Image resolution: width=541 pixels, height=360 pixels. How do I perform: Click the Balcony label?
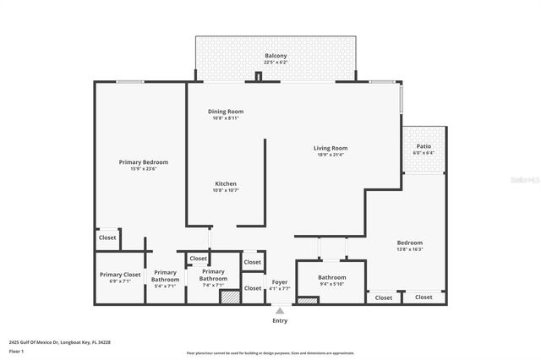270,56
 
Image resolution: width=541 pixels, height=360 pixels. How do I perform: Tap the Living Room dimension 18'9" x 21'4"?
331,155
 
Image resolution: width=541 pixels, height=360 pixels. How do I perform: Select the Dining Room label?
226,112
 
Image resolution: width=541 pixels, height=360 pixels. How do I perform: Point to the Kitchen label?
225,183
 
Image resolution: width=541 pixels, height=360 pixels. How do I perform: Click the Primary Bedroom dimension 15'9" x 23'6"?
143,169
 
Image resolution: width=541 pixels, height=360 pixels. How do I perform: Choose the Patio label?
423,145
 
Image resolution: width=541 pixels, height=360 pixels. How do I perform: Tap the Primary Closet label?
120,275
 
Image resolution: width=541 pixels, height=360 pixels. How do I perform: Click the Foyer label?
280,281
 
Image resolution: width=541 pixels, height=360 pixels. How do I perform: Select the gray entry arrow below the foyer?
280,311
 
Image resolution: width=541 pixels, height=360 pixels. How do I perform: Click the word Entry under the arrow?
280,321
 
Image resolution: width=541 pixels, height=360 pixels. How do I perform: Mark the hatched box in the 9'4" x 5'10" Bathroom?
307,300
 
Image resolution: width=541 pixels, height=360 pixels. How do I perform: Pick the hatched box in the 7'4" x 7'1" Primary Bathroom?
229,297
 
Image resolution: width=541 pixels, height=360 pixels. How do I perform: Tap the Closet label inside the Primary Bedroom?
107,238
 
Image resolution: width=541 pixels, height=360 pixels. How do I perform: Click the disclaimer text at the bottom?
270,352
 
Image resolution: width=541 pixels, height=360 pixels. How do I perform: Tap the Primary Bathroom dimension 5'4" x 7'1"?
166,286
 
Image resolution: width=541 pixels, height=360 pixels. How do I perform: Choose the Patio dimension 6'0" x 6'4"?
423,153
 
